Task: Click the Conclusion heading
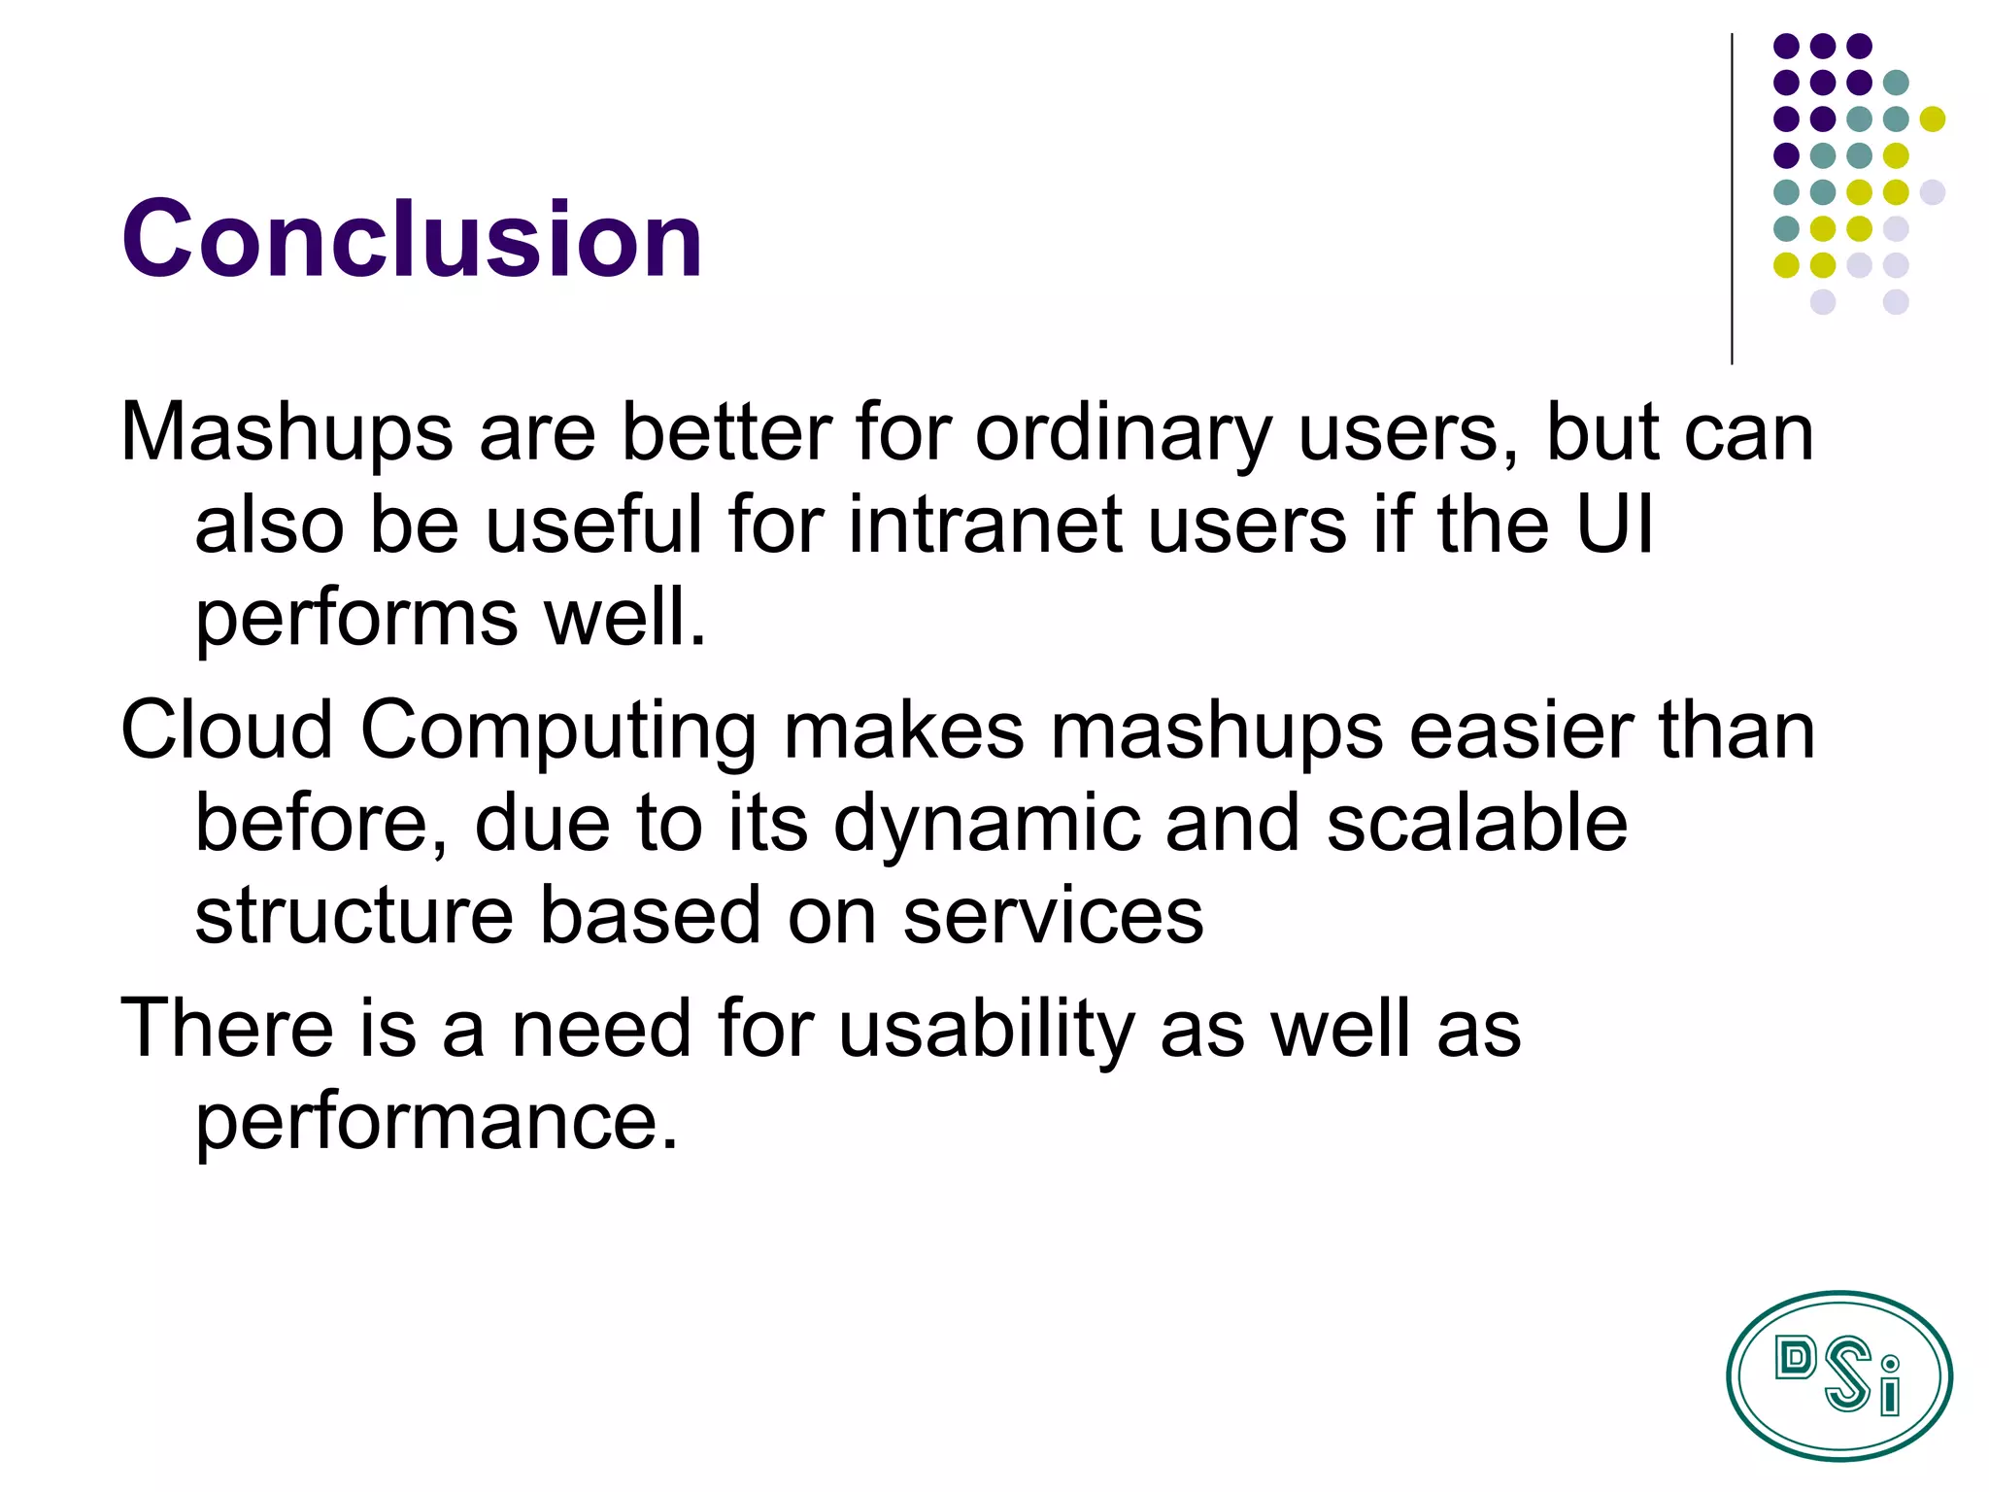412,238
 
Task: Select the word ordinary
1123,432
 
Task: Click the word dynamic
987,824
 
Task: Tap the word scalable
1476,824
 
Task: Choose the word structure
354,915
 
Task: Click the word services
1053,915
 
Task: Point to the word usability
987,1030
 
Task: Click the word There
226,1028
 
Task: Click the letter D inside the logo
1795,1358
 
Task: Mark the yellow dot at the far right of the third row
1933,119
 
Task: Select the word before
320,824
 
